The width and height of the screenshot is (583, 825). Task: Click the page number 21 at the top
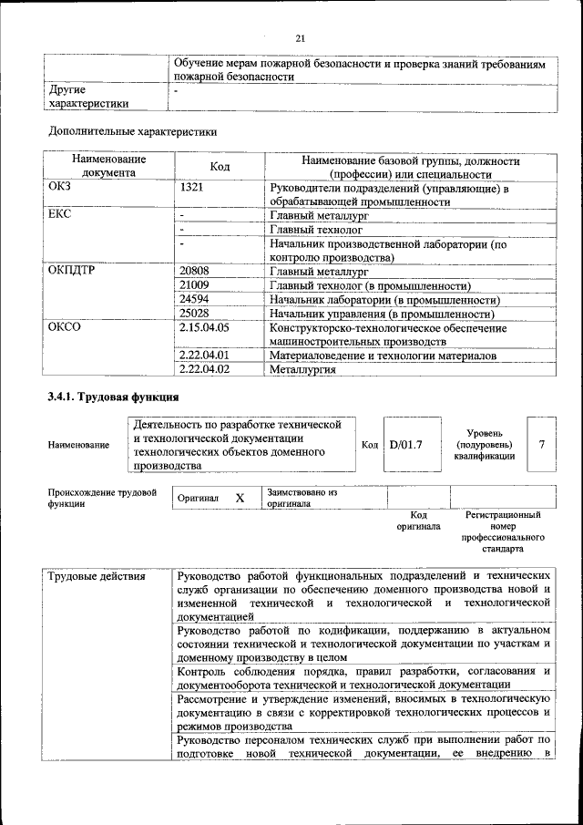tap(300, 37)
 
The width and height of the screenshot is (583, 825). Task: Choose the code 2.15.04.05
tap(205, 327)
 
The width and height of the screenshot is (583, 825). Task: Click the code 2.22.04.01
tap(205, 356)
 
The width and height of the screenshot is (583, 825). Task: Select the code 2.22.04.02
tap(205, 369)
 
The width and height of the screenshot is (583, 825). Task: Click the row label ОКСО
tap(64, 327)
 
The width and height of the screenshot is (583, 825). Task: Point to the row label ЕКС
tap(59, 215)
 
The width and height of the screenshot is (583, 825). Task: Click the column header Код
tap(220, 166)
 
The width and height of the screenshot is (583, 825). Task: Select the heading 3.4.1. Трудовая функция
tap(113, 397)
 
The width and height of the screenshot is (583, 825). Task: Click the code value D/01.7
tap(405, 445)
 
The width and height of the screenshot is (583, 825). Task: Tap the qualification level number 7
tap(542, 445)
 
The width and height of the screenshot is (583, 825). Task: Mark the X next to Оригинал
tap(240, 499)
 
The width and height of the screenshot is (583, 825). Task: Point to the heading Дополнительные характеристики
tap(132, 131)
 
